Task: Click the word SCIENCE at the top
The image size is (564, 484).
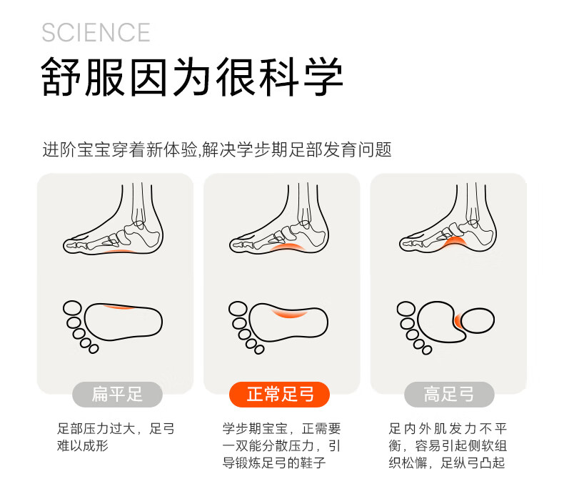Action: (x=96, y=32)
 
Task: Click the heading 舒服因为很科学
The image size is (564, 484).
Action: (x=192, y=76)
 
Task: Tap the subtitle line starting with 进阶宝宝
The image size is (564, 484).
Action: (x=217, y=149)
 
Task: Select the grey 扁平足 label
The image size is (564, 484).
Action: (x=117, y=395)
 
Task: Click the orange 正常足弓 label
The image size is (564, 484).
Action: (x=279, y=395)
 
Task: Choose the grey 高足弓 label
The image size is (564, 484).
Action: (x=449, y=395)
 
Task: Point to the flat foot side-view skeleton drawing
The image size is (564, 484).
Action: (x=114, y=219)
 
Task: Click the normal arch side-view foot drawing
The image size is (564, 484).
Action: (x=279, y=219)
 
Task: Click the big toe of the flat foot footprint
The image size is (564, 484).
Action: (x=72, y=309)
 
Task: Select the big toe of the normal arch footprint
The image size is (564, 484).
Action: (x=238, y=310)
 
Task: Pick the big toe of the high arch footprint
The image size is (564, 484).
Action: (x=406, y=310)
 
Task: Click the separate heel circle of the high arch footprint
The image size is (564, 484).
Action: (x=478, y=320)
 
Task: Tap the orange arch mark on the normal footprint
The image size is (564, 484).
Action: (x=290, y=312)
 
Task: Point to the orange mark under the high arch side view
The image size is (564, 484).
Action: (x=453, y=242)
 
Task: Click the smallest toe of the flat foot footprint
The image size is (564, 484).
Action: (x=94, y=349)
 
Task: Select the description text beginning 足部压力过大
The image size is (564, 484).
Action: (x=116, y=438)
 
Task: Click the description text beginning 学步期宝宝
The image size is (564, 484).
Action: (x=281, y=445)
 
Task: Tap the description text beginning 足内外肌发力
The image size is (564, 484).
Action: (x=448, y=445)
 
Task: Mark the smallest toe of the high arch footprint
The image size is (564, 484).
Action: (x=427, y=350)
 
